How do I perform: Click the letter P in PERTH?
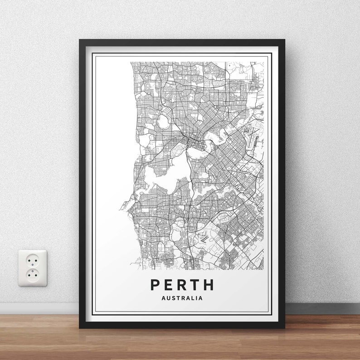click(x=155, y=285)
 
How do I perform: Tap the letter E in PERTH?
click(x=169, y=285)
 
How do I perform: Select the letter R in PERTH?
click(x=182, y=285)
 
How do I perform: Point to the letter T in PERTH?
click(x=195, y=285)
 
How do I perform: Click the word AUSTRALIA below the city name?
click(x=182, y=298)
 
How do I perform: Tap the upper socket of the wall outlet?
click(x=33, y=261)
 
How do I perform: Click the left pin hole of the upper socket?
click(x=29, y=261)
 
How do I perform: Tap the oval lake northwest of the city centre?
click(x=163, y=121)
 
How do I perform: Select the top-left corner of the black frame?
click(x=81, y=41)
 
